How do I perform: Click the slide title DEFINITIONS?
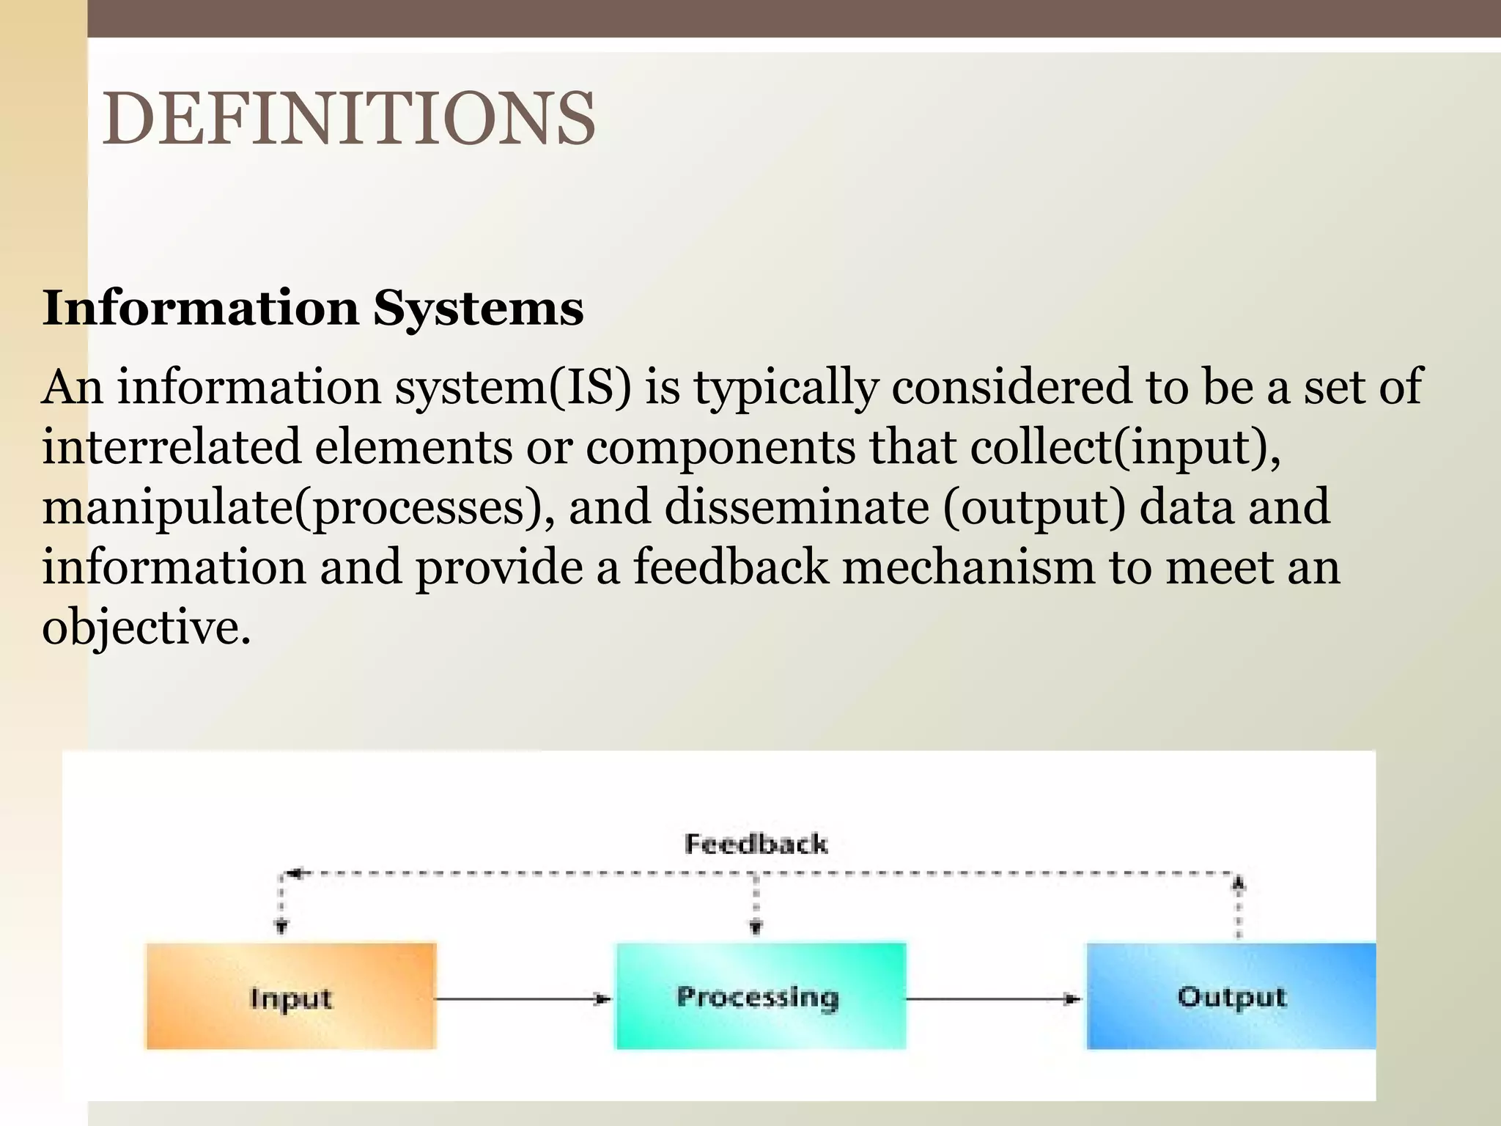349,119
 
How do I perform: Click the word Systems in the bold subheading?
478,308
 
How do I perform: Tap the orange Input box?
291,997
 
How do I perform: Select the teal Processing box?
760,997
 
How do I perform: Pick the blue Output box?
1231,997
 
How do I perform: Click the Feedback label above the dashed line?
756,844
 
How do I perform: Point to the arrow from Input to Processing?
523,998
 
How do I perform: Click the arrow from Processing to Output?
993,998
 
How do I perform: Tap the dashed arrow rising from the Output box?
1239,908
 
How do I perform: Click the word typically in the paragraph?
786,388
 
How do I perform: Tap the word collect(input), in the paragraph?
1125,447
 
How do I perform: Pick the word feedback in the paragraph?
731,567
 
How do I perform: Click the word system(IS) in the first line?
513,388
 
